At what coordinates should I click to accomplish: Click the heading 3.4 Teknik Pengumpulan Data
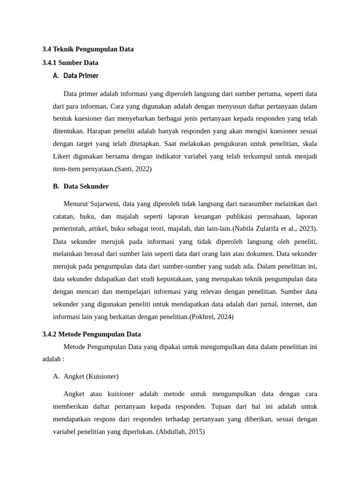88,49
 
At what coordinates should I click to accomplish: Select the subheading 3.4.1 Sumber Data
70,62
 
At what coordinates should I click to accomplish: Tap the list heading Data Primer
81,75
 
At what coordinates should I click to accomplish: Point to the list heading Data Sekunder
86,186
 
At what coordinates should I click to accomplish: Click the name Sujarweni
104,204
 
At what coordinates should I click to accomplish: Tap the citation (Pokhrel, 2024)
211,316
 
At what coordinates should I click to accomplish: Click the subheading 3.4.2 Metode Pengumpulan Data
91,334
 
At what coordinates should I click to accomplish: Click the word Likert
62,156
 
